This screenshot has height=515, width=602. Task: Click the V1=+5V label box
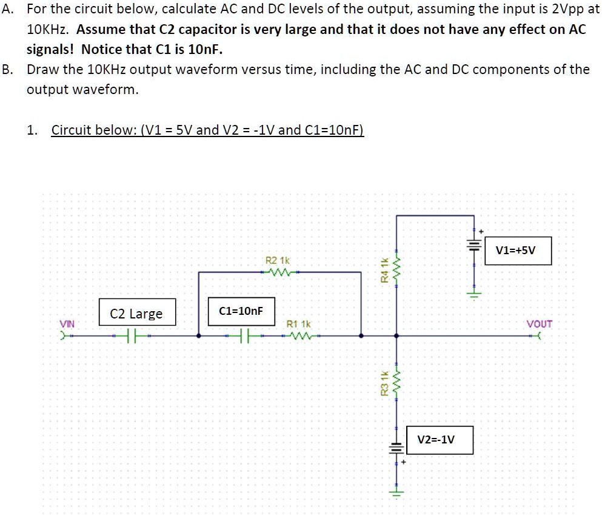point(518,251)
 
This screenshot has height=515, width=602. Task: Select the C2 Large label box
point(136,314)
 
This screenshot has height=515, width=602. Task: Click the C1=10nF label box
point(241,311)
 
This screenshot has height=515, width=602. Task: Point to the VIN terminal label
point(67,324)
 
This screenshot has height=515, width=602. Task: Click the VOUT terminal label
point(539,324)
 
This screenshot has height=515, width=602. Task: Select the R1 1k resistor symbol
point(300,335)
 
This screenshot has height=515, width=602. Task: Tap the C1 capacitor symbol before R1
point(244,335)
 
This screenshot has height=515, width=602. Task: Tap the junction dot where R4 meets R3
point(396,335)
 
